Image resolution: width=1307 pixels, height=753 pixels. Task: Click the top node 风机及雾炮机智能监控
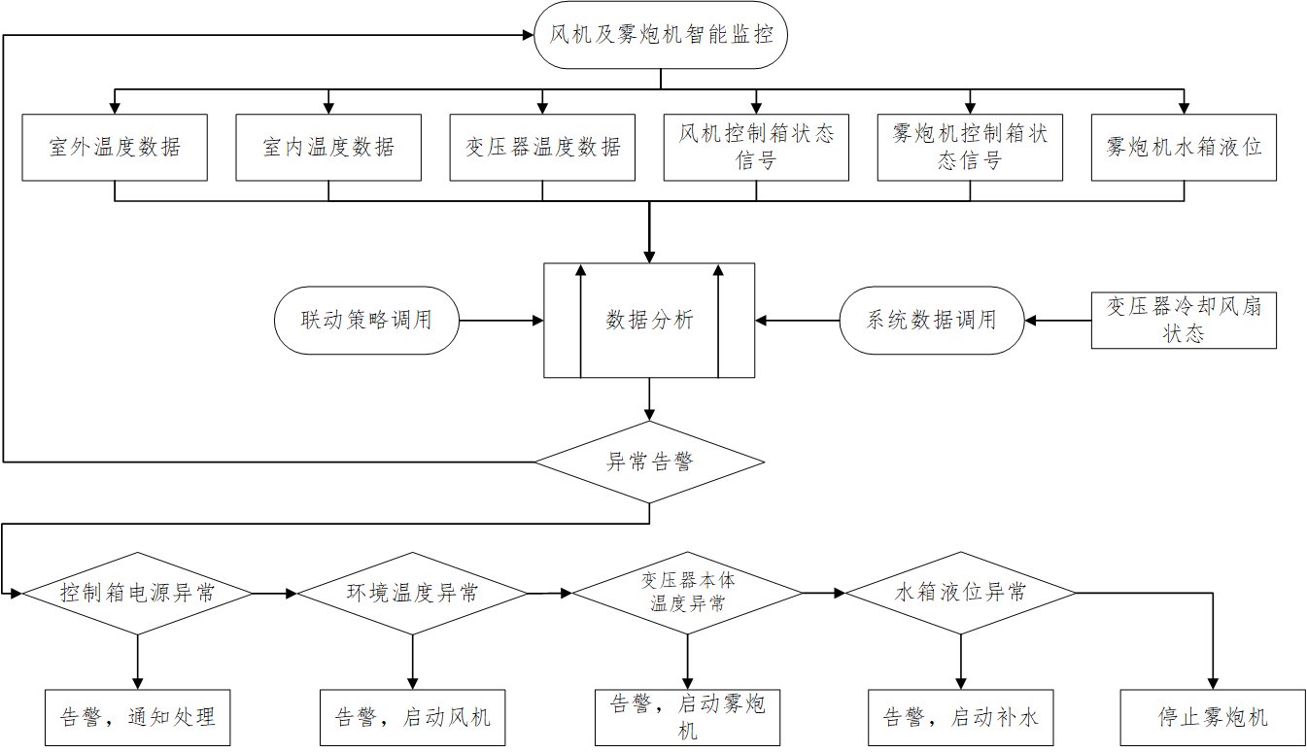tap(661, 37)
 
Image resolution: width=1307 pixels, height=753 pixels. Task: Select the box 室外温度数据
tap(115, 148)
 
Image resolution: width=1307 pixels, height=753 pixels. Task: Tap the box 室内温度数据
tap(328, 148)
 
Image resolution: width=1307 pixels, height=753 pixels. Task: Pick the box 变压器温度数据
tap(542, 148)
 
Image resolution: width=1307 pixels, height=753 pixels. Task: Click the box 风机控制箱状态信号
tap(756, 148)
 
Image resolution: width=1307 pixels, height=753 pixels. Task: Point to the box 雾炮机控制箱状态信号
tap(970, 148)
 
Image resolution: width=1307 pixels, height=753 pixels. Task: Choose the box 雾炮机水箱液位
tap(1184, 148)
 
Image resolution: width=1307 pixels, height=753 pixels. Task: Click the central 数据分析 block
tap(649, 320)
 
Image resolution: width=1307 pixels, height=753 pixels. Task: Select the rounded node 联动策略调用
tap(366, 320)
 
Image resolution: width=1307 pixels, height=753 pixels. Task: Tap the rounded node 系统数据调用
tap(931, 320)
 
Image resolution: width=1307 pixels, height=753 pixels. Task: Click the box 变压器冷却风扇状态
tap(1184, 320)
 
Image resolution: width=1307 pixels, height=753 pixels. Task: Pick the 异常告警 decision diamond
tap(649, 462)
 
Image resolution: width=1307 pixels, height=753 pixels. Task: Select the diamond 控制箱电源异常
tap(138, 593)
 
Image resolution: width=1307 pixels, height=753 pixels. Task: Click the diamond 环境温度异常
tap(413, 593)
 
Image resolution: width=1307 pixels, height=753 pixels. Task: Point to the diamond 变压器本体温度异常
tap(688, 593)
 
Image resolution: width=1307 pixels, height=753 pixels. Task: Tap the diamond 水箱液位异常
tap(961, 593)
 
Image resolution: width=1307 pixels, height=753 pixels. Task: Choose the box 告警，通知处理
tap(138, 718)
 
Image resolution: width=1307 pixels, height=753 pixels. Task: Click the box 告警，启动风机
tap(413, 718)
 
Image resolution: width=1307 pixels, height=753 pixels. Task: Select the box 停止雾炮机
tap(1213, 718)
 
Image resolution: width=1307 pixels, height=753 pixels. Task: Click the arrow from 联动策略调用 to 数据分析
tap(500, 320)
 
